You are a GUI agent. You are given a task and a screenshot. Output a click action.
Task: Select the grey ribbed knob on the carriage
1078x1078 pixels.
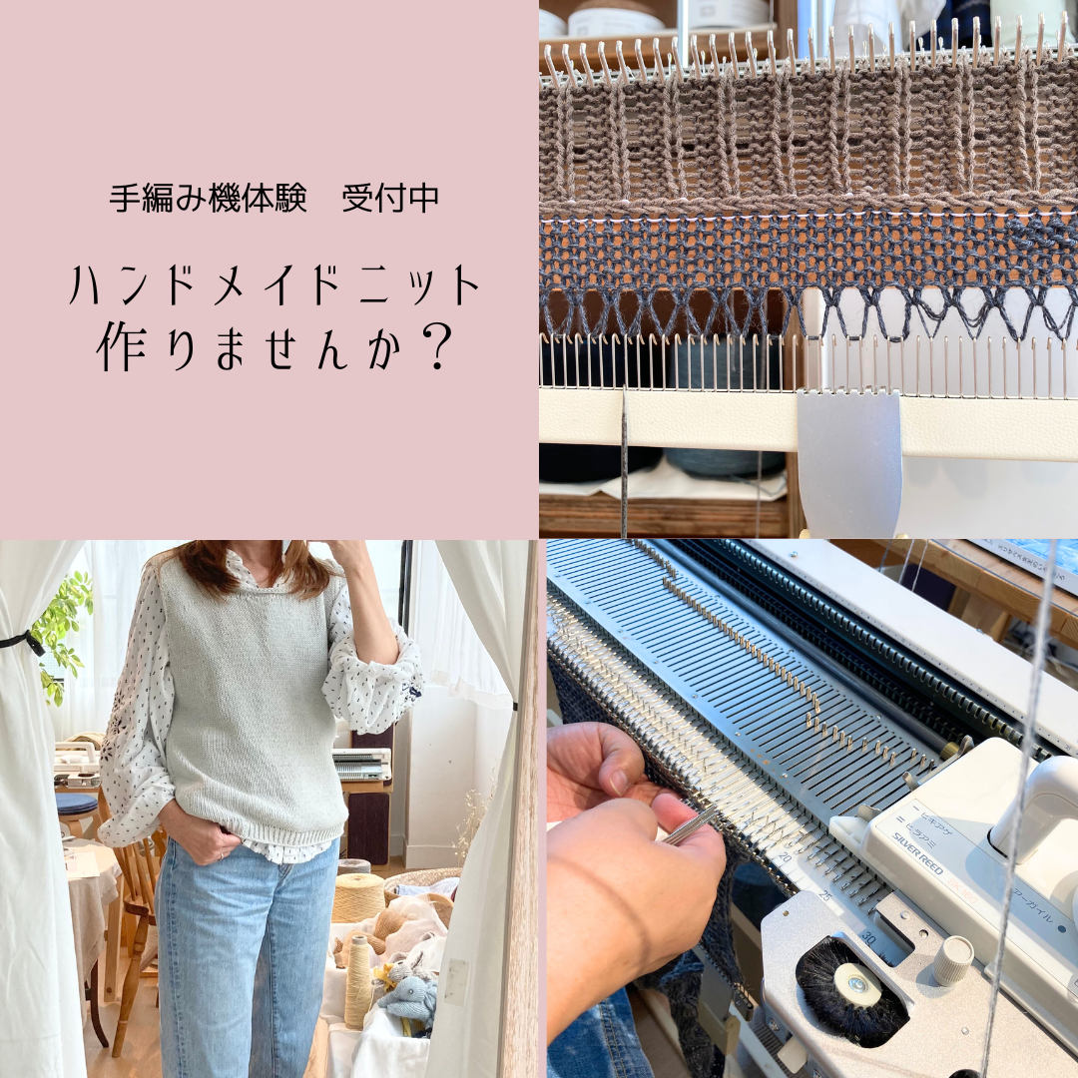click(x=953, y=959)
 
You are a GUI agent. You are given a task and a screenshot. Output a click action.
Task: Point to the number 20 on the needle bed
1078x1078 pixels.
click(x=786, y=857)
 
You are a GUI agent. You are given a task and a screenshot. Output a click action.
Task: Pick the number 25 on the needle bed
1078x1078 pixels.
click(x=824, y=896)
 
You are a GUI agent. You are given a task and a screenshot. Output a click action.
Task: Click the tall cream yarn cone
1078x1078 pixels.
click(x=357, y=982)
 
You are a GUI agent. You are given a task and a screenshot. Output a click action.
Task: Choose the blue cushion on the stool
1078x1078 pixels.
click(x=77, y=804)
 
